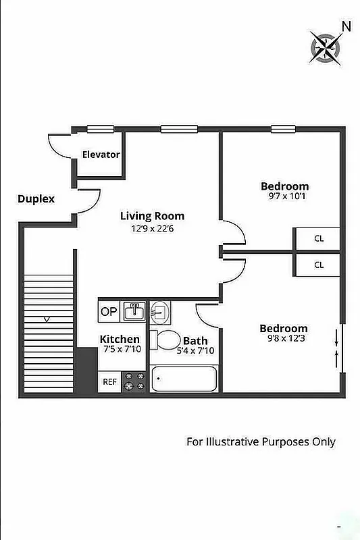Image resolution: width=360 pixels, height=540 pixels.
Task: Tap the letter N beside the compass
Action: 346,26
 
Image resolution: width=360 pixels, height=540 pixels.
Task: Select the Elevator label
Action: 101,155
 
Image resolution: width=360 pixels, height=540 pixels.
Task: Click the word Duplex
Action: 36,199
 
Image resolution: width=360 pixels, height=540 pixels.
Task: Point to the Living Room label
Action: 152,216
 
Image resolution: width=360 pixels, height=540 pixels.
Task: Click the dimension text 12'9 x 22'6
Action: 152,228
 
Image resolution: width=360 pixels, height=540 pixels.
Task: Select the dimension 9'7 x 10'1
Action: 285,197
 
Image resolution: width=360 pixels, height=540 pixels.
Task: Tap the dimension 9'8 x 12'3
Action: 284,340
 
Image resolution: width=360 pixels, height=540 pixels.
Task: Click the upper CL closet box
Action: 317,239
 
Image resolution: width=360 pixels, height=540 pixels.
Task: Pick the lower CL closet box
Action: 317,265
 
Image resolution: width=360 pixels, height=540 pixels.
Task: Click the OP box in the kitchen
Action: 109,311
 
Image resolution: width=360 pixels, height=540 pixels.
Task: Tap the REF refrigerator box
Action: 109,381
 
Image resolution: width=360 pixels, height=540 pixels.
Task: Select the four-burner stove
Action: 134,381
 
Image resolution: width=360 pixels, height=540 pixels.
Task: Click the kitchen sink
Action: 135,311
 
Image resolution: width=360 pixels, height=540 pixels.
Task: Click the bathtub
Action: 184,381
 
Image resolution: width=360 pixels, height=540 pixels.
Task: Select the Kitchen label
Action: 120,339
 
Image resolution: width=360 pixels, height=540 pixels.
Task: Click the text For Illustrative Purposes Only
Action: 261,442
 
